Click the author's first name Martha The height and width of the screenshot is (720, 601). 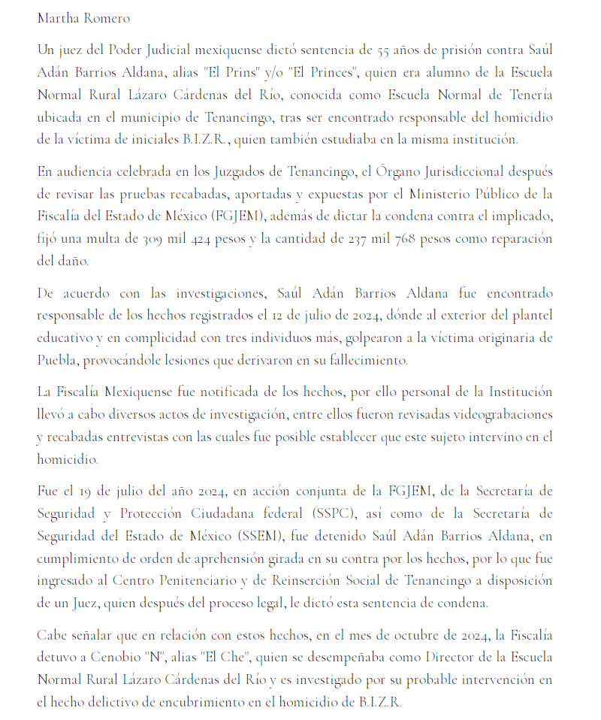(56, 17)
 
